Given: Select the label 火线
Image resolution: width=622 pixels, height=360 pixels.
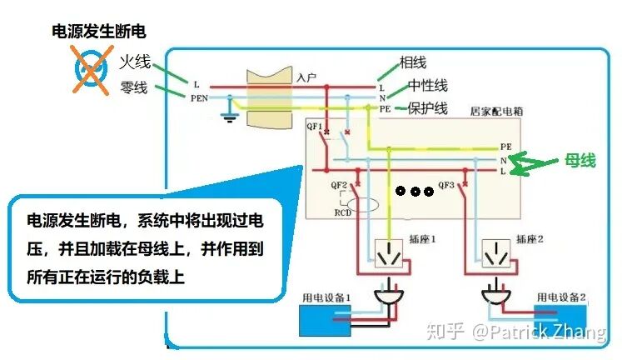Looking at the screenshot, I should (x=134, y=62).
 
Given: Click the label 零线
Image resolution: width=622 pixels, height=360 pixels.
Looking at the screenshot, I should (x=134, y=87).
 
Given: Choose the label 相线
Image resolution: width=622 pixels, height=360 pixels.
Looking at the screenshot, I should (x=413, y=62).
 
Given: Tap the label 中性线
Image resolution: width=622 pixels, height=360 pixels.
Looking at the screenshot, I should (x=428, y=86).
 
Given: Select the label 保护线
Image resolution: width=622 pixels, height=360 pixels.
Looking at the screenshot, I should (x=428, y=108).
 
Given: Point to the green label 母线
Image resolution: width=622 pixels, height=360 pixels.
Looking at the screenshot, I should (x=580, y=161).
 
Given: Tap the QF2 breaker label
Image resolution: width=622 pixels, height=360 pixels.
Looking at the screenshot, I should (x=339, y=184).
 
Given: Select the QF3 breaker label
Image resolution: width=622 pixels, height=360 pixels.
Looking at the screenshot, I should (x=446, y=184).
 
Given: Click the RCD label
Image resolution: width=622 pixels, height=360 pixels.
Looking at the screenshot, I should (x=342, y=213).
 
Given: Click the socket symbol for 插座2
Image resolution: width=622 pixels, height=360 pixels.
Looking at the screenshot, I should (x=498, y=253).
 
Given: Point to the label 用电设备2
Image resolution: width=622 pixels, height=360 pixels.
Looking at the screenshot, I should (x=561, y=297).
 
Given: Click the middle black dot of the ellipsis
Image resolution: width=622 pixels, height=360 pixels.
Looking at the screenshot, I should (x=415, y=191).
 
